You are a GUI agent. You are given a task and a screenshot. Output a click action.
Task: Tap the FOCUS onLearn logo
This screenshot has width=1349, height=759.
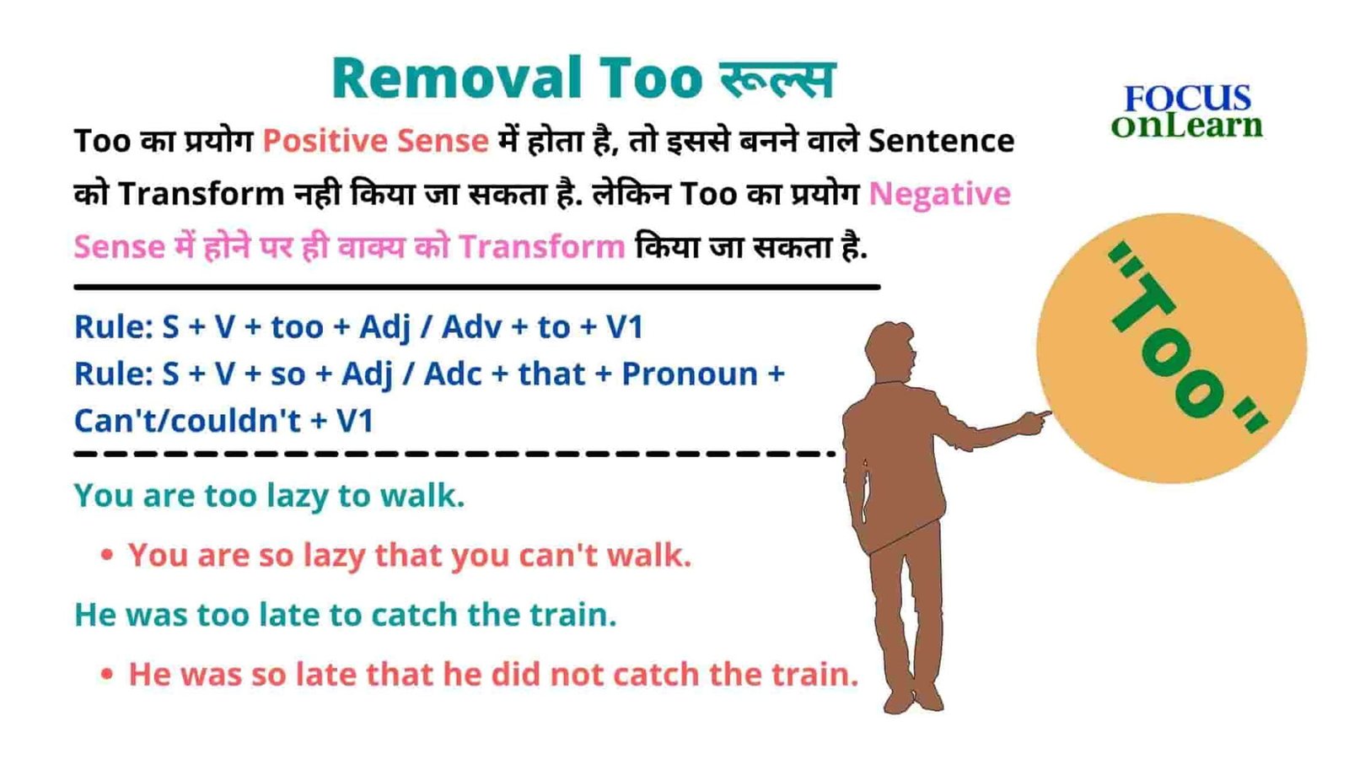pyautogui.click(x=1186, y=111)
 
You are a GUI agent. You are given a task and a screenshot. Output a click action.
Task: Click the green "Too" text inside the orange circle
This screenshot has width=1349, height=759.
pyautogui.click(x=1185, y=337)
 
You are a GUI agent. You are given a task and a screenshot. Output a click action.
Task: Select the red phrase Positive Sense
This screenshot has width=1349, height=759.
pyautogui.click(x=375, y=141)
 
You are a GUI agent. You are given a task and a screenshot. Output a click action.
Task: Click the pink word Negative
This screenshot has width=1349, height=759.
pyautogui.click(x=939, y=194)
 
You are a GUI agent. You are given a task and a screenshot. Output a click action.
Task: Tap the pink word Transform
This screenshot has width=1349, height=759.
pyautogui.click(x=541, y=247)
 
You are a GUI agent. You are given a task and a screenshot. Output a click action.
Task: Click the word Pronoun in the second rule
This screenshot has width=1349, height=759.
pyautogui.click(x=689, y=374)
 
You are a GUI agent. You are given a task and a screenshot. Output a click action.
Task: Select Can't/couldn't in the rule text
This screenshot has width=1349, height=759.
pyautogui.click(x=186, y=421)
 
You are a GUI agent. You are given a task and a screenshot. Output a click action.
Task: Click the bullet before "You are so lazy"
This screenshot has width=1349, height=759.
pyautogui.click(x=107, y=555)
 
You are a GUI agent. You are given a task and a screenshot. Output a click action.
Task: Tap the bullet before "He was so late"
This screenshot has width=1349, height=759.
pyautogui.click(x=107, y=674)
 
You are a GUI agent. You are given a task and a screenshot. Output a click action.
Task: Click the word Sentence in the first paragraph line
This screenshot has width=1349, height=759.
pyautogui.click(x=941, y=141)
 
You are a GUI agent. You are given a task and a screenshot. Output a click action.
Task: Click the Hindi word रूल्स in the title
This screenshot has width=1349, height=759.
pyautogui.click(x=777, y=78)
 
